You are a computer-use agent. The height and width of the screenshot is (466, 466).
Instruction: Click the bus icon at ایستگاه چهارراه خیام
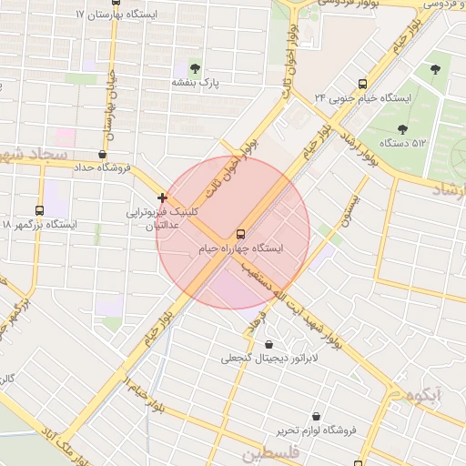pos(240,232)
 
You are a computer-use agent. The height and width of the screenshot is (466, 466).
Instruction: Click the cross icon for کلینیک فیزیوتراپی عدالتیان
pos(162,198)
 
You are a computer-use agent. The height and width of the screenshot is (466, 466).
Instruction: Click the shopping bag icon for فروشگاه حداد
pos(102,155)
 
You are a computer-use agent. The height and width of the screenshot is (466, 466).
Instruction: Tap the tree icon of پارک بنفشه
pos(196,67)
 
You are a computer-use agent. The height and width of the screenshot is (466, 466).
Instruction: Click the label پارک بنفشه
pos(196,82)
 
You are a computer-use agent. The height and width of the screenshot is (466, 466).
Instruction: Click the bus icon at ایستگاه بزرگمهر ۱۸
pos(38,210)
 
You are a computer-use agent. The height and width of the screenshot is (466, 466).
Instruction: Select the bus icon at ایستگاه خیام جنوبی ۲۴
pos(362,82)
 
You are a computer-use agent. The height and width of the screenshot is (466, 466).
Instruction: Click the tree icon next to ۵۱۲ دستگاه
pos(402,128)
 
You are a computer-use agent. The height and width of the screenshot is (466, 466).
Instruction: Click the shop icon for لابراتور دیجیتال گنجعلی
pos(269,344)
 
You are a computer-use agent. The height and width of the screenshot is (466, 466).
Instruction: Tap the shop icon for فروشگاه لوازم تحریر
pos(316,416)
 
